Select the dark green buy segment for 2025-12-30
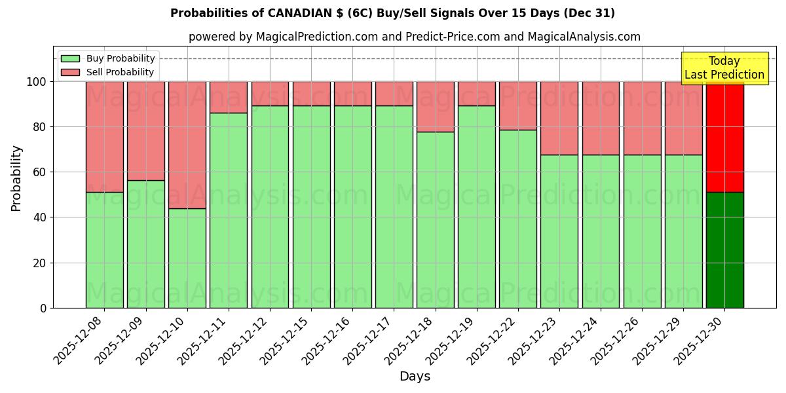(724, 250)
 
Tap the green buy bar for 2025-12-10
(187, 258)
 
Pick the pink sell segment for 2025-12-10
(187, 145)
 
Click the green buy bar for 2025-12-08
(105, 250)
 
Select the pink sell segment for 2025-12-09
(146, 130)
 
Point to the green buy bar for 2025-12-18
(436, 219)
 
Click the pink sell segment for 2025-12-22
(518, 105)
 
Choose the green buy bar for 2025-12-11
(229, 210)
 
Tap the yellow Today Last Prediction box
(724, 68)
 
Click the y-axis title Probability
(16, 178)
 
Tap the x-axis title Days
(415, 377)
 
